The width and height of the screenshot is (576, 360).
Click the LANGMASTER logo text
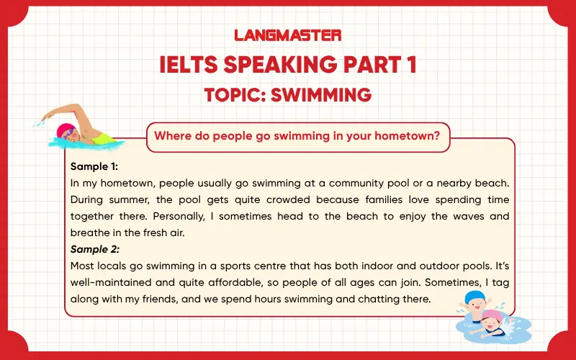point(288,35)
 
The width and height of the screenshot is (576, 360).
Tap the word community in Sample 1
point(338,183)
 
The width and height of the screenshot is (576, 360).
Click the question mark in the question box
point(436,135)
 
